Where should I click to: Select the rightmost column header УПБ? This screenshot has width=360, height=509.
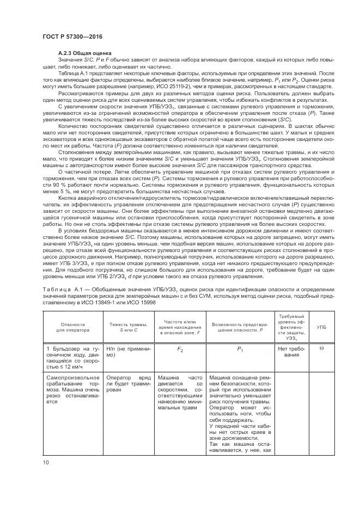[x=321, y=327]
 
